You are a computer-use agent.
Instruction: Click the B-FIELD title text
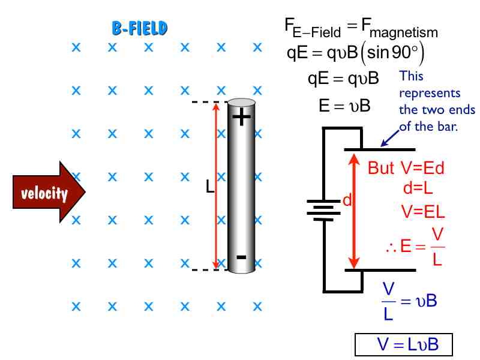(x=139, y=28)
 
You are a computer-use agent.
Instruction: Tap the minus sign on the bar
(x=241, y=257)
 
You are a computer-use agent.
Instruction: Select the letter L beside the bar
(x=209, y=187)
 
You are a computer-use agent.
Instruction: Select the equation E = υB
(x=344, y=106)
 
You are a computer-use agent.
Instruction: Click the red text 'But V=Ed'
(x=406, y=169)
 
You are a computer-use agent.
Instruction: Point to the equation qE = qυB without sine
(x=343, y=79)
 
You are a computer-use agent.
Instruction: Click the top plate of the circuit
(x=379, y=149)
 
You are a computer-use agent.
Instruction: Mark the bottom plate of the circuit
(x=379, y=270)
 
